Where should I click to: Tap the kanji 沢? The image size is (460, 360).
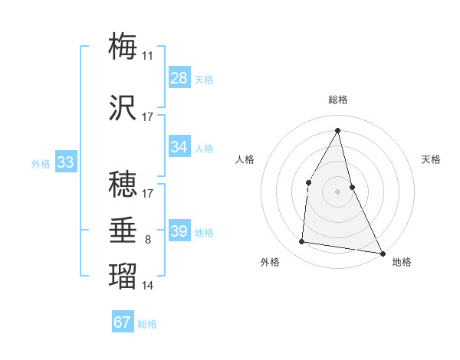[x=123, y=108]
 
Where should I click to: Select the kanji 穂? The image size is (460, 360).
[x=123, y=184]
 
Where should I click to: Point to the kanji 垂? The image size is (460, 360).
[x=123, y=231]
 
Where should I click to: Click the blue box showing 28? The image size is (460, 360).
[x=179, y=78]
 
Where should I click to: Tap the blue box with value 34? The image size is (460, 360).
[x=179, y=147]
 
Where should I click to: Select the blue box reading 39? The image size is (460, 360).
[x=179, y=231]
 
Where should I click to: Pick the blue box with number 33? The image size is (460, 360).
[x=65, y=162]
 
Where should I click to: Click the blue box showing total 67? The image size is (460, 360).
[x=123, y=322]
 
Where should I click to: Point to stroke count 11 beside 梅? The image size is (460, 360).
[x=147, y=56]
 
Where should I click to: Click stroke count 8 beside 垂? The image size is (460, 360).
[x=147, y=241]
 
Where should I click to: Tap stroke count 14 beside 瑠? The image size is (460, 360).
[x=147, y=286]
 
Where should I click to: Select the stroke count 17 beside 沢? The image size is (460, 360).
[x=147, y=117]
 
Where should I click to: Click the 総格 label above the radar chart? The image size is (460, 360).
[x=338, y=100]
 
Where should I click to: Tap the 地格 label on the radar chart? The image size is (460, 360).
[x=402, y=262]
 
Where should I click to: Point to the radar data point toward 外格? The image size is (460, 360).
[x=302, y=242]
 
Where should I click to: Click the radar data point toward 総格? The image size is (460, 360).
[x=338, y=130]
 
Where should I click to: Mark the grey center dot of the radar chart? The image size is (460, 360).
[x=338, y=191]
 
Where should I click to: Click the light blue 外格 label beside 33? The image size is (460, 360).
[x=40, y=163]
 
